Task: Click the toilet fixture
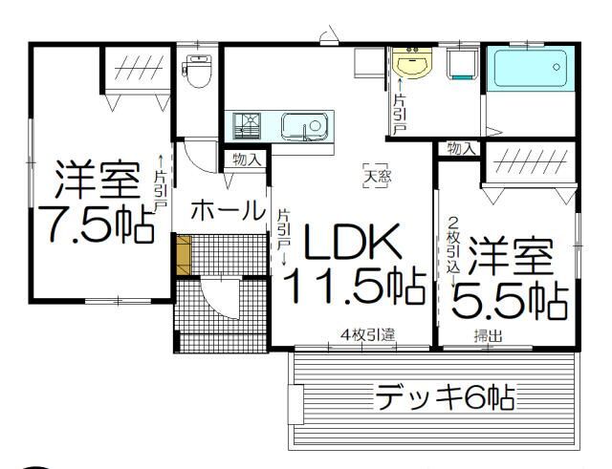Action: (198, 71)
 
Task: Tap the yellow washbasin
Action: (411, 64)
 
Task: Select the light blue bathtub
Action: (532, 69)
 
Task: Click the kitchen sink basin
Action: (305, 126)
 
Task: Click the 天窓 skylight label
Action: (376, 175)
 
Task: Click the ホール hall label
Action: (228, 210)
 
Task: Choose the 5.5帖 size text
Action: (508, 300)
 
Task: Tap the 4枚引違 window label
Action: (367, 335)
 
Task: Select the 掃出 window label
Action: (489, 335)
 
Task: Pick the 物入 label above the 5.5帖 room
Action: (462, 148)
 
